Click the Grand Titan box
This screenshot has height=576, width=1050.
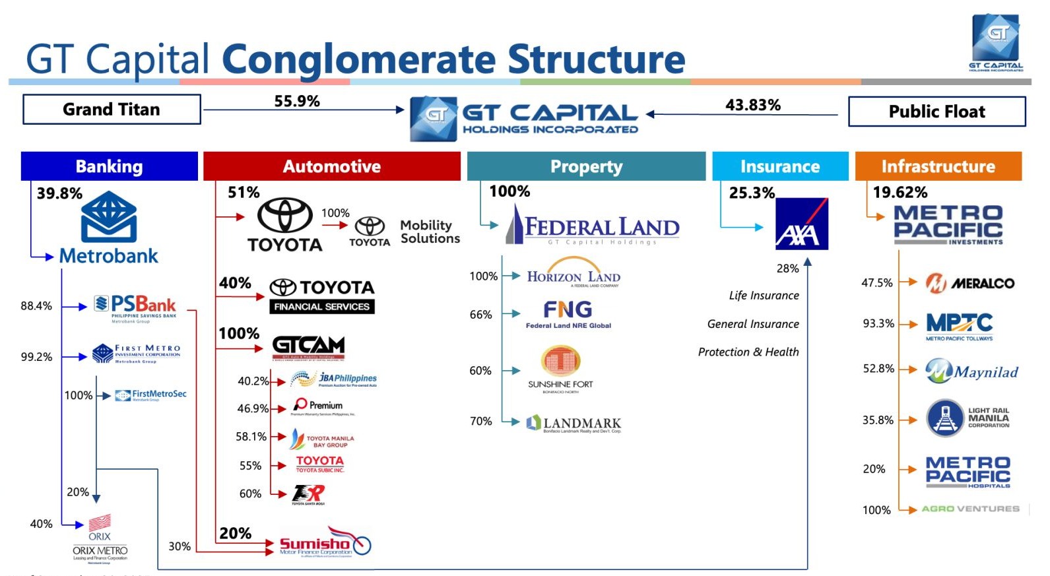point(112,110)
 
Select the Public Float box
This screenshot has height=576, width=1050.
point(936,112)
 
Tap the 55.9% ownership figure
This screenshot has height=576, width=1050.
point(297,102)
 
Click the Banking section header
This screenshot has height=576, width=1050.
point(109,166)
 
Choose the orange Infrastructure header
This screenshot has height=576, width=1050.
point(938,166)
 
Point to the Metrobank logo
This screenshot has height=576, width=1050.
point(109,228)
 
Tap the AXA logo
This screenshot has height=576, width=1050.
point(801,224)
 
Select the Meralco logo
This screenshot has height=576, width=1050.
point(970,283)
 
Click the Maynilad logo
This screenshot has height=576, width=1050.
point(971,371)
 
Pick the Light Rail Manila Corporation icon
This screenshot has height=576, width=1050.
point(946,418)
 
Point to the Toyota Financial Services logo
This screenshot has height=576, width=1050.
point(322,296)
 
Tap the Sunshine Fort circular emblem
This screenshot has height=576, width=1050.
point(560,360)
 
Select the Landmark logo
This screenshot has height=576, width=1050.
point(574,424)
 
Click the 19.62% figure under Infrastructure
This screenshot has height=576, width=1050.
point(900,193)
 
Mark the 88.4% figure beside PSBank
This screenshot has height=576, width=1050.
point(36,306)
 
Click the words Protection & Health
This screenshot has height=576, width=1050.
point(748,352)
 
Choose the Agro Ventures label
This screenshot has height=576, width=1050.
point(970,509)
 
